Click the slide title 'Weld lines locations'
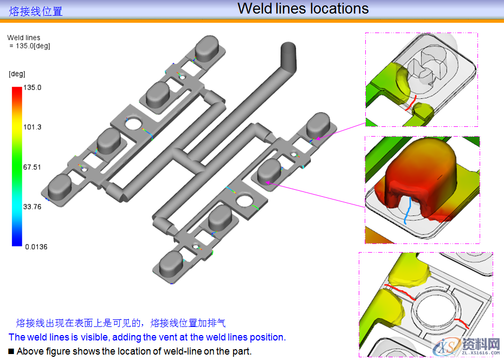tap(303, 9)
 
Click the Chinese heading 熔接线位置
tap(36, 11)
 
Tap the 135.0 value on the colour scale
tap(33, 87)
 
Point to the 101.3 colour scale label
tap(33, 127)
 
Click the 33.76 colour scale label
tap(33, 207)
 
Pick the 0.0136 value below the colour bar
tap(36, 247)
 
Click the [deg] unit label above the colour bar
tap(17, 74)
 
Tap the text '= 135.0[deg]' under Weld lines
tap(30, 46)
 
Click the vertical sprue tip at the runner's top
tap(288, 53)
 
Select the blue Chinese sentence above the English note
tap(120, 323)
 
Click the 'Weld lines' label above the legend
tap(23, 38)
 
